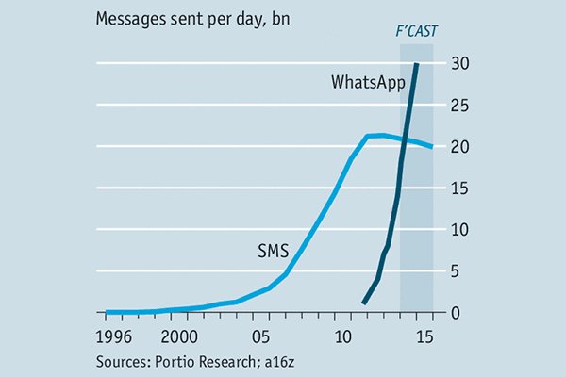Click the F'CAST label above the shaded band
415,30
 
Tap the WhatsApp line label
368,82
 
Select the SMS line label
273,251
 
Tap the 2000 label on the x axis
180,336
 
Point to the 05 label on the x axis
263,336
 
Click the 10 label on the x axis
344,336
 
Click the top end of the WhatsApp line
417,64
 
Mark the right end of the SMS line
432,147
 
